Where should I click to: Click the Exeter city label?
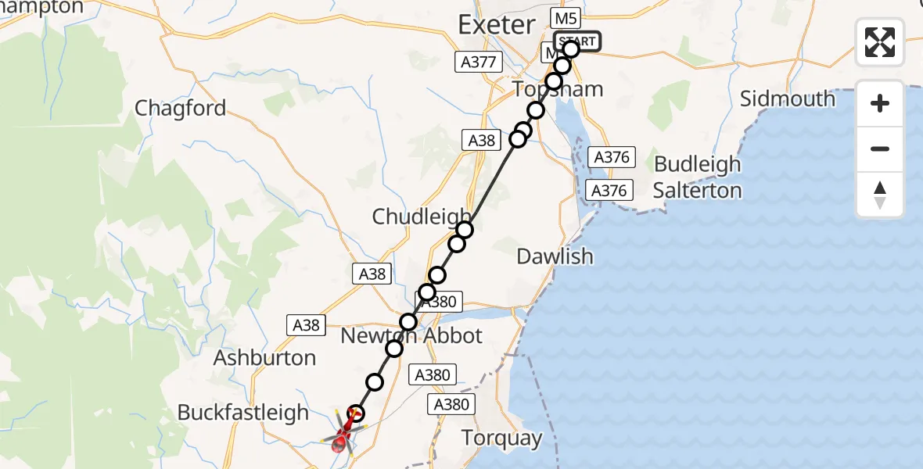click(x=496, y=25)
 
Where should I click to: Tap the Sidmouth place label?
click(x=788, y=98)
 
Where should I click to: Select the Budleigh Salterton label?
click(x=697, y=177)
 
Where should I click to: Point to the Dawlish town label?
click(x=555, y=256)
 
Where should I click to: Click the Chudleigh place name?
click(x=421, y=217)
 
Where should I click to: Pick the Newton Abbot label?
click(x=411, y=336)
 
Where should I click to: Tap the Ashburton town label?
click(x=264, y=358)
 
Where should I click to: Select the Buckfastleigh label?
click(x=242, y=412)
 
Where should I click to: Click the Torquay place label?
click(x=502, y=438)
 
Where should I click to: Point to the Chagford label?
click(x=180, y=108)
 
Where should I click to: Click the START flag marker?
click(x=577, y=41)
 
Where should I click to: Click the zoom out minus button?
click(x=880, y=149)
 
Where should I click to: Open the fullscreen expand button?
click(x=880, y=41)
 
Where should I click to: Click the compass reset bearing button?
click(x=880, y=194)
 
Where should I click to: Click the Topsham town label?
click(x=558, y=89)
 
